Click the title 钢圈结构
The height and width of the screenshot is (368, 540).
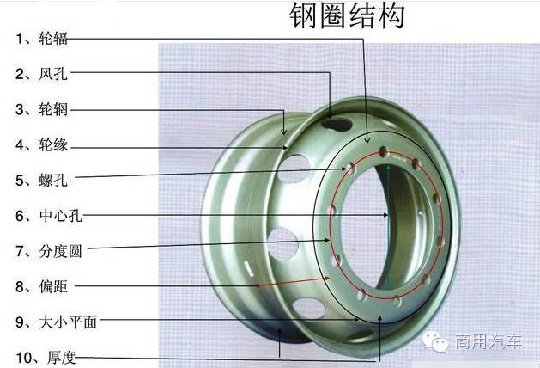pyautogui.click(x=347, y=15)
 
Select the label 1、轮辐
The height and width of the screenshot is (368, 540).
pyautogui.click(x=41, y=38)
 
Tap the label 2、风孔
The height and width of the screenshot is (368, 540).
pyautogui.click(x=41, y=74)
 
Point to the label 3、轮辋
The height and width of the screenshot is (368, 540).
pyautogui.click(x=41, y=109)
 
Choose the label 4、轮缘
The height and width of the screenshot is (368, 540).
pyautogui.click(x=41, y=144)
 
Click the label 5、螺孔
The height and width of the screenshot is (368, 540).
pyautogui.click(x=41, y=181)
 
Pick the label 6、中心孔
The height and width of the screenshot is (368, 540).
pyautogui.click(x=49, y=216)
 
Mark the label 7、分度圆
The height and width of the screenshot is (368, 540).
pyautogui.click(x=49, y=251)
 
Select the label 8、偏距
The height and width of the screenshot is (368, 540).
pyautogui.click(x=41, y=286)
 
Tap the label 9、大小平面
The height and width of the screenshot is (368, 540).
pyautogui.click(x=56, y=322)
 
